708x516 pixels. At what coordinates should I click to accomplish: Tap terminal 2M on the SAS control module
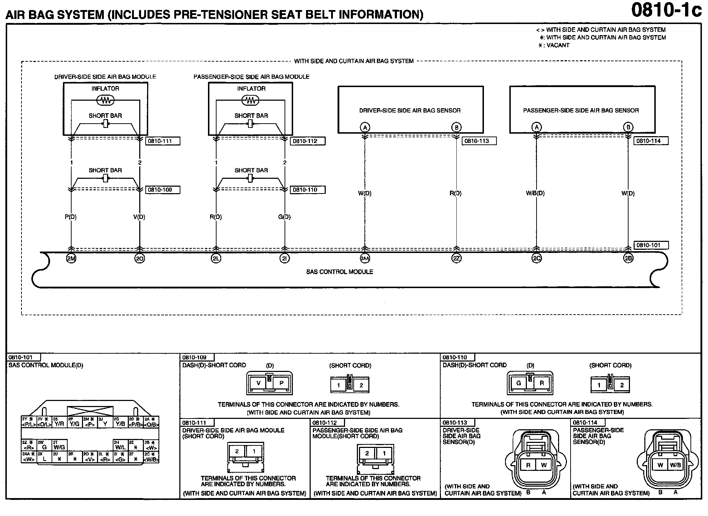point(71,258)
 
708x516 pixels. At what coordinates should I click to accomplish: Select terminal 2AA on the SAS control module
point(365,258)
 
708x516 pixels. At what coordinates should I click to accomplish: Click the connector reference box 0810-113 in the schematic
point(479,141)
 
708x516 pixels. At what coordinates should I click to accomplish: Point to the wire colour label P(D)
point(71,217)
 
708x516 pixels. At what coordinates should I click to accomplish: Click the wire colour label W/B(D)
point(535,193)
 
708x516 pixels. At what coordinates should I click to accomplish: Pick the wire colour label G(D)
point(285,217)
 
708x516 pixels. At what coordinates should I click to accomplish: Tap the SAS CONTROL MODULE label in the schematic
point(339,272)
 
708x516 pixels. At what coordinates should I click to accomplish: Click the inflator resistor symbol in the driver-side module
point(105,101)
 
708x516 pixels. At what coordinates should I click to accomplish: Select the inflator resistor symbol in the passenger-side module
point(251,101)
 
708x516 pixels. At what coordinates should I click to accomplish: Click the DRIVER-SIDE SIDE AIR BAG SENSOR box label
point(410,110)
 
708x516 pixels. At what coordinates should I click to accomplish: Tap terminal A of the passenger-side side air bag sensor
point(536,127)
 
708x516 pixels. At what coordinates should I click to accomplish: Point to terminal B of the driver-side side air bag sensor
point(456,127)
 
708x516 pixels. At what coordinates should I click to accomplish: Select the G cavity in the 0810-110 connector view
point(518,383)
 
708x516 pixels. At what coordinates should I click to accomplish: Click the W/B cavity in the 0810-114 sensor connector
point(675,465)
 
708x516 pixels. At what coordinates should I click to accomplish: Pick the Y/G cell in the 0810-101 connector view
point(75,424)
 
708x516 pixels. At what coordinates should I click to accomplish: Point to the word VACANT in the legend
point(558,46)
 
